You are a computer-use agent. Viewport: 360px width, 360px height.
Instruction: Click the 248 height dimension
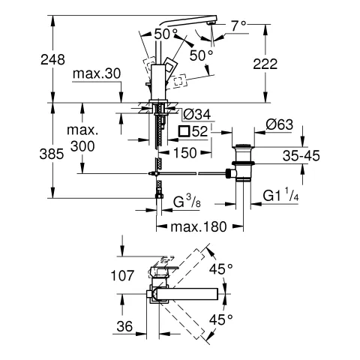click(25, 58)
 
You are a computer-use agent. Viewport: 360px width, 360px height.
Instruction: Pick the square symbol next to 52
click(182, 132)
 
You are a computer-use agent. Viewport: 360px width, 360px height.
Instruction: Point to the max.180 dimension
click(198, 228)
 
